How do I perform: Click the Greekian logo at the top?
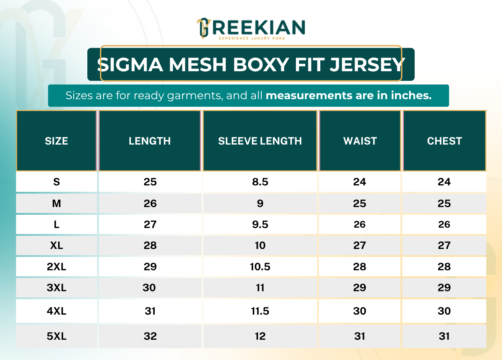pos(251,28)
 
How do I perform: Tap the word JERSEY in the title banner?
pos(367,65)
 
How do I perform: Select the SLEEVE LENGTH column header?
pos(260,141)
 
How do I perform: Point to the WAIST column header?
pos(360,141)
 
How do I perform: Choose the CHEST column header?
pos(444,141)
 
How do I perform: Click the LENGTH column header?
pos(150,141)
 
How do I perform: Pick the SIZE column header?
pos(57,141)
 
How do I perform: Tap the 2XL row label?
pos(57,266)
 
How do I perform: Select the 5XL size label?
pos(57,336)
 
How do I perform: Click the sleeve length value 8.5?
pos(260,182)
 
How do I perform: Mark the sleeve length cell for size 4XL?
pos(260,311)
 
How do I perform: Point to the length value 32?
pos(150,336)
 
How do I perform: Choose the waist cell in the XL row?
pos(360,245)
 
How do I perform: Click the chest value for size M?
pos(444,204)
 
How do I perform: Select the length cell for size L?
pos(150,224)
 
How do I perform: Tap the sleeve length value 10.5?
pos(260,266)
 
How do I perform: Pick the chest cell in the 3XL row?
pos(444,287)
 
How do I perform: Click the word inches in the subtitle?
pos(411,95)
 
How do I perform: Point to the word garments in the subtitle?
pos(195,96)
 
